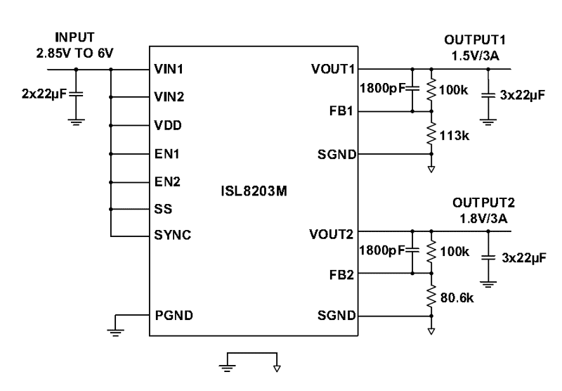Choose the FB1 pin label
click(x=341, y=111)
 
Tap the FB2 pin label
click(x=341, y=274)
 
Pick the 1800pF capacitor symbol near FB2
click(x=412, y=251)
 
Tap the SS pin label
click(x=161, y=209)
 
